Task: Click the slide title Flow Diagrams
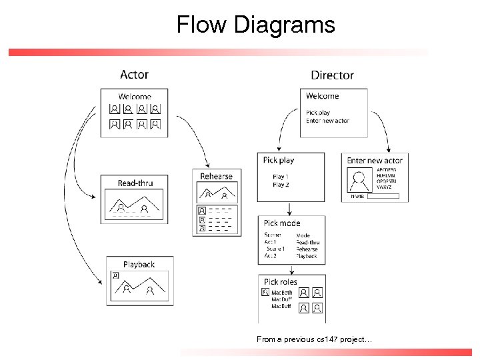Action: click(x=255, y=25)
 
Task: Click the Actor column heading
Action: click(x=134, y=75)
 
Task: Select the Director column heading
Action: click(x=332, y=75)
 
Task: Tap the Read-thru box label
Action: click(x=136, y=183)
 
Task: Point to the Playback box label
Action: click(x=139, y=265)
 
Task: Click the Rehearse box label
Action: click(x=217, y=176)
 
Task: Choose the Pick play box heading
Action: click(x=279, y=160)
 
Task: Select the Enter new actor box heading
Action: click(x=375, y=160)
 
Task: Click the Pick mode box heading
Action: click(x=282, y=223)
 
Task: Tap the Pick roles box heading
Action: click(x=281, y=282)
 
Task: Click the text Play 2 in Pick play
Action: click(x=281, y=185)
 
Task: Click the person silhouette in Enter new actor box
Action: click(x=361, y=181)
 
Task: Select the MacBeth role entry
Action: click(x=281, y=293)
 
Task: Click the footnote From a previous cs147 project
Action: click(x=315, y=340)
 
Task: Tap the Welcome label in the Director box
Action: click(x=323, y=96)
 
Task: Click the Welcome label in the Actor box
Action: click(x=135, y=97)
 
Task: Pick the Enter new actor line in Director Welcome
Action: click(x=327, y=121)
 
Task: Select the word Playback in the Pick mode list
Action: click(x=307, y=256)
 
